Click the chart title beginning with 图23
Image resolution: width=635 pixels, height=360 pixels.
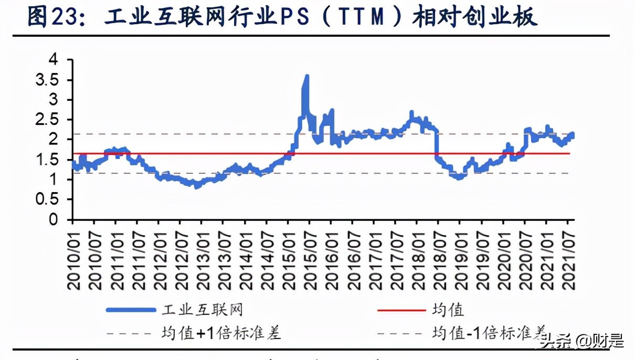[282, 17]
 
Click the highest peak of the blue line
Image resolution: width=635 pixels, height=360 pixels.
[307, 77]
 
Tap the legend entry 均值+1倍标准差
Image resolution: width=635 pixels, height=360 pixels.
[221, 332]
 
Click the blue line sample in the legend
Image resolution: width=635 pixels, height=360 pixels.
[131, 310]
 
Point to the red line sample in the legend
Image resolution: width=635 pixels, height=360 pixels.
[401, 310]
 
